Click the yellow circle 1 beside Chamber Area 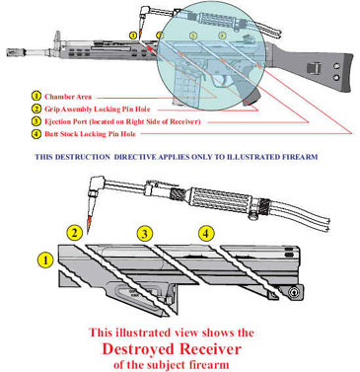coord(36,97)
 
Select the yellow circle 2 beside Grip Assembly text coord(36,109)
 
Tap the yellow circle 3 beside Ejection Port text coord(36,121)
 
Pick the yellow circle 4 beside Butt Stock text coord(36,134)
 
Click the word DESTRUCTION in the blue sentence coord(83,157)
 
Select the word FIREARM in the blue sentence coord(300,157)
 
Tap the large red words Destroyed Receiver coord(172,349)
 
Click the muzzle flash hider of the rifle coord(15,52)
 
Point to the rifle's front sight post coord(57,38)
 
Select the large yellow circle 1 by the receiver coord(45,260)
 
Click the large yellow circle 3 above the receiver coord(145,234)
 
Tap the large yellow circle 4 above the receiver coord(206,234)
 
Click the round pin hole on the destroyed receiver coord(294,291)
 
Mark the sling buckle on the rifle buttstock coord(315,68)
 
